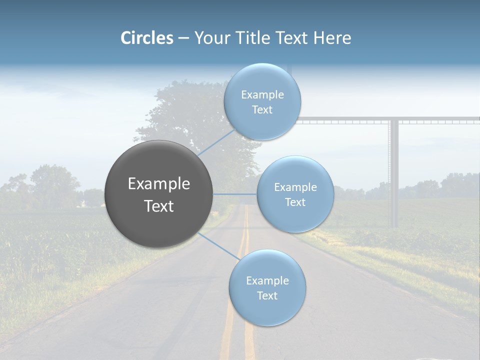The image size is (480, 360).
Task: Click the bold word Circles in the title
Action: point(146,38)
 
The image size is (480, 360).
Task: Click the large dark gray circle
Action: point(159,194)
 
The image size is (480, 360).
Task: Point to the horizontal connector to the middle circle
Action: point(235,193)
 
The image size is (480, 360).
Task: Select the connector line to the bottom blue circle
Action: point(219,246)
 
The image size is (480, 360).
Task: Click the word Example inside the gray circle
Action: point(159,184)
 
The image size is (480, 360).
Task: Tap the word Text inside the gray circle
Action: point(159,206)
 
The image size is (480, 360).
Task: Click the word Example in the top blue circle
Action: point(262,95)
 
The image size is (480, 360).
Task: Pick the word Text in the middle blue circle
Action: point(295,202)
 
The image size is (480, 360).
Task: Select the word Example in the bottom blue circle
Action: point(267,280)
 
